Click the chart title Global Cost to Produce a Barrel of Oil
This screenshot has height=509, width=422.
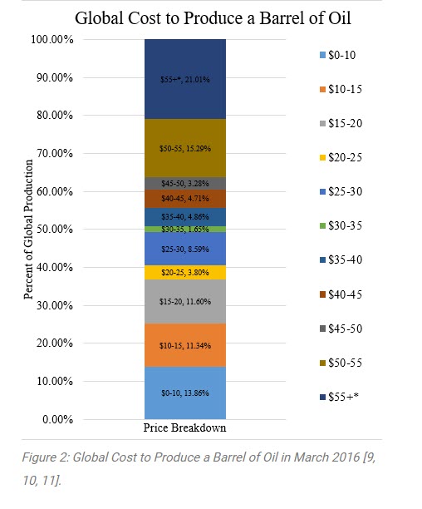pyautogui.click(x=210, y=17)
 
